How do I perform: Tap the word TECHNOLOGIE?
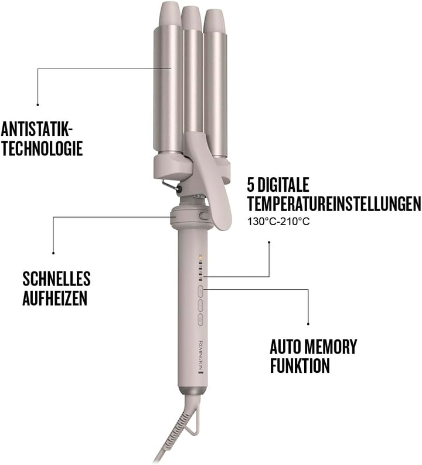pyautogui.click(x=42, y=148)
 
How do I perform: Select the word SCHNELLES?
pyautogui.click(x=56, y=279)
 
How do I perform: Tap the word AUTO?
pyautogui.click(x=290, y=347)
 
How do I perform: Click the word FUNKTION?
pyautogui.click(x=300, y=366)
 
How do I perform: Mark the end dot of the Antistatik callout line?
pyautogui.click(x=37, y=104)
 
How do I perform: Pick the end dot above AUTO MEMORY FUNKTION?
pyautogui.click(x=308, y=323)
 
